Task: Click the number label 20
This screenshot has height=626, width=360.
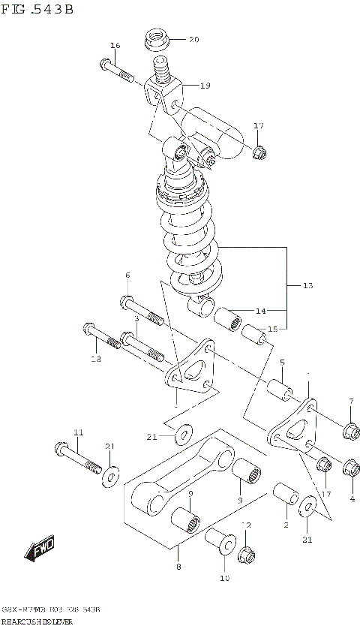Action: pyautogui.click(x=193, y=40)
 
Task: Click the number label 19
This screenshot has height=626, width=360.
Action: pyautogui.click(x=205, y=86)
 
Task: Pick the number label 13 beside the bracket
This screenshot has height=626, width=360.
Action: pyautogui.click(x=307, y=286)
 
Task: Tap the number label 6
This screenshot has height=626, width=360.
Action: pyautogui.click(x=127, y=275)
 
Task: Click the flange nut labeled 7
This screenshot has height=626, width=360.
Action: pyautogui.click(x=349, y=431)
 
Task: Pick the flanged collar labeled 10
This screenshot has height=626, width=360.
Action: pyautogui.click(x=223, y=540)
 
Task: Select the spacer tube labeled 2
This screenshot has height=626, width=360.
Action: pyautogui.click(x=286, y=496)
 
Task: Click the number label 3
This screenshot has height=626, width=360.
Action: pyautogui.click(x=136, y=318)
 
